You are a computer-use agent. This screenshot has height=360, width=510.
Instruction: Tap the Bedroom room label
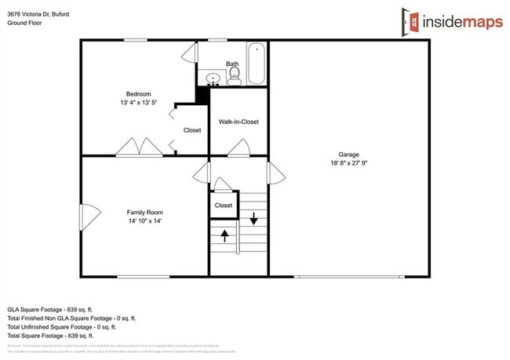[x=139, y=93]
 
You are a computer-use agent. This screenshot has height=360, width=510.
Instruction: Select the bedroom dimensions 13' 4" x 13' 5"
[x=139, y=103]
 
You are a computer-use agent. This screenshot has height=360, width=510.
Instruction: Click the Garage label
[x=348, y=154]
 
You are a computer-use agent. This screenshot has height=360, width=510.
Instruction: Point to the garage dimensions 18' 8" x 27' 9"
[x=348, y=163]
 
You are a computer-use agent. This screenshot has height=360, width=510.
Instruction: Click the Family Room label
[x=145, y=212]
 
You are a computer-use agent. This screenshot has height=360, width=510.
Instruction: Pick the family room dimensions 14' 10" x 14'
[x=145, y=221]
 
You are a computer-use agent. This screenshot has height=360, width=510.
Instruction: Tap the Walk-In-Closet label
[x=239, y=122]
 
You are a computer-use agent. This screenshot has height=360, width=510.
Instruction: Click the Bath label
[x=232, y=64]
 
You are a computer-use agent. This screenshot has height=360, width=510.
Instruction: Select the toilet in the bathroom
[x=234, y=75]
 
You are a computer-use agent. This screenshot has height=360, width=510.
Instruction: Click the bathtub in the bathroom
[x=257, y=64]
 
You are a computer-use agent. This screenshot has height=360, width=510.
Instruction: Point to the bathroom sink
[x=211, y=78]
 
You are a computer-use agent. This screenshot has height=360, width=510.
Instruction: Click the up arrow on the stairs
[x=225, y=235]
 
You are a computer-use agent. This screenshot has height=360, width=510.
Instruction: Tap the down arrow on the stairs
[x=253, y=217]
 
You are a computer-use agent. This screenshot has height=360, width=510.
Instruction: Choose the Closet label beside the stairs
[x=224, y=205]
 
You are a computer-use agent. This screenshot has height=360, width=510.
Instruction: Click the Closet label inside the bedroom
[x=191, y=130]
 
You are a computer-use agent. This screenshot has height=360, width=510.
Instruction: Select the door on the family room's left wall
[x=88, y=213]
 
